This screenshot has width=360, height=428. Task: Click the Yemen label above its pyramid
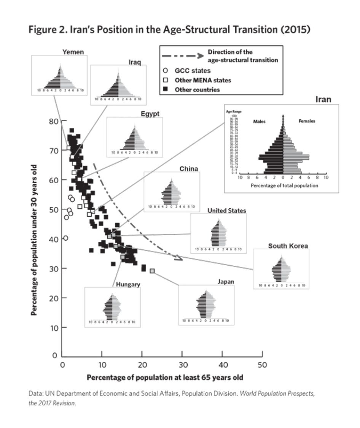(x=73, y=52)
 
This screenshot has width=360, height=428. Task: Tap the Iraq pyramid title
(x=134, y=62)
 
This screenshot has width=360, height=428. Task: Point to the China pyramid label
(x=189, y=169)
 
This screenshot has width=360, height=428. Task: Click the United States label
(x=226, y=211)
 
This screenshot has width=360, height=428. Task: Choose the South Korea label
(x=288, y=246)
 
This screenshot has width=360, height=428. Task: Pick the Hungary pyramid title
(x=128, y=284)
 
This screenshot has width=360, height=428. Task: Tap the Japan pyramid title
(x=226, y=282)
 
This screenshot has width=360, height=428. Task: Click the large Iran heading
(x=323, y=100)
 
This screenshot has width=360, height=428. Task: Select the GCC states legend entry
(x=192, y=71)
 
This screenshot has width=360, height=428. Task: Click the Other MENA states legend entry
(x=202, y=80)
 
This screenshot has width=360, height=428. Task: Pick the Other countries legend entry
(x=197, y=90)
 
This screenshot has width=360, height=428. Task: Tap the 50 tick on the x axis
(x=262, y=365)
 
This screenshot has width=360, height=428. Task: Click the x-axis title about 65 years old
(x=165, y=377)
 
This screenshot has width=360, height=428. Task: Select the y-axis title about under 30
(x=34, y=239)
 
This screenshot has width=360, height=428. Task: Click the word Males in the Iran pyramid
(x=260, y=122)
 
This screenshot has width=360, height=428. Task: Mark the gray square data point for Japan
(x=152, y=271)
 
